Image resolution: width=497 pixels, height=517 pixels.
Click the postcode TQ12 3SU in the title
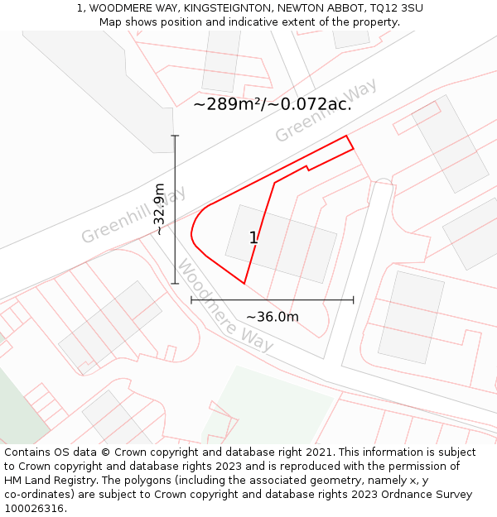[x=396, y=7]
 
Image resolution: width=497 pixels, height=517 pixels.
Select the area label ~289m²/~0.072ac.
[x=273, y=104]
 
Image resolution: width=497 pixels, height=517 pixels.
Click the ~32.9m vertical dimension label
[x=160, y=209]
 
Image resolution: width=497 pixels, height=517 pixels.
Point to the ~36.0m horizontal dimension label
[x=272, y=317]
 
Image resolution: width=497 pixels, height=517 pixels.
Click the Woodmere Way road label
[x=225, y=308]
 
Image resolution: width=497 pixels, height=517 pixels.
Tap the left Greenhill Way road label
[x=133, y=216]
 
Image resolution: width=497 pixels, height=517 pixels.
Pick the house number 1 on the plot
[x=253, y=238]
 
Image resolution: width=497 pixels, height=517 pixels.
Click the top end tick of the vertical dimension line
[x=175, y=135]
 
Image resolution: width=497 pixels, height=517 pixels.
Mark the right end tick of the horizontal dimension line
[x=354, y=299]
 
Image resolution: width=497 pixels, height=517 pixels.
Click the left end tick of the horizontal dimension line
[x=191, y=299]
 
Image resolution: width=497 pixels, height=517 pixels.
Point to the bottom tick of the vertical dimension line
[x=175, y=284]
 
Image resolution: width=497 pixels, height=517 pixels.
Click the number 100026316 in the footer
[x=35, y=509]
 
